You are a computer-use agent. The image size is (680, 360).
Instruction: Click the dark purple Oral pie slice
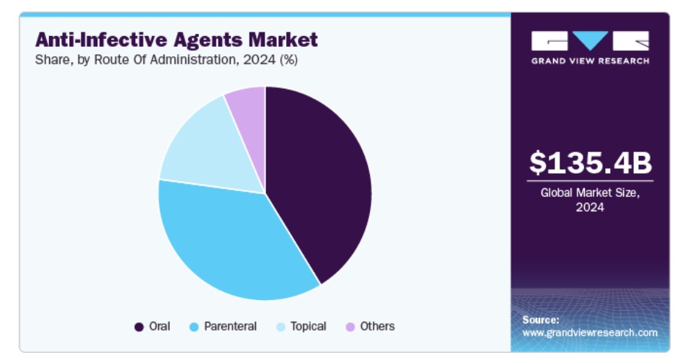click(x=321, y=180)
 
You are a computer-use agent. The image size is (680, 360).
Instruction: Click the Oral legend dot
click(x=139, y=327)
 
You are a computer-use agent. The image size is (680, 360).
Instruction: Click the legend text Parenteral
click(x=230, y=327)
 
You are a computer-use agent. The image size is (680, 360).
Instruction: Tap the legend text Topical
click(x=308, y=327)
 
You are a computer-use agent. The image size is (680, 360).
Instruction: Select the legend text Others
click(x=377, y=327)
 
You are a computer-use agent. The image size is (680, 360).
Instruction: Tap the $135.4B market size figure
click(x=590, y=163)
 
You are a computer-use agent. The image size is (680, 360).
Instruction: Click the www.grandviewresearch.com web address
click(x=590, y=333)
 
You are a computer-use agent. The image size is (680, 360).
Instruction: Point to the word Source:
click(x=541, y=320)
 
